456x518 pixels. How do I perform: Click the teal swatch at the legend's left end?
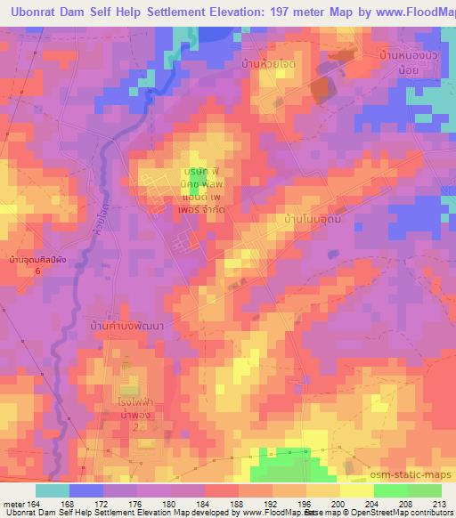coord(53,490)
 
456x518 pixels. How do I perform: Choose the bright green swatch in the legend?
coord(390,490)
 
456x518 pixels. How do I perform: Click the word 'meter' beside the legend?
coord(13,503)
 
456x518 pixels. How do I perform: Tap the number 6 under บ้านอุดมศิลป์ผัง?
coord(37,270)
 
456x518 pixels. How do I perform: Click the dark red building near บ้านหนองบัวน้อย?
coord(321,89)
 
